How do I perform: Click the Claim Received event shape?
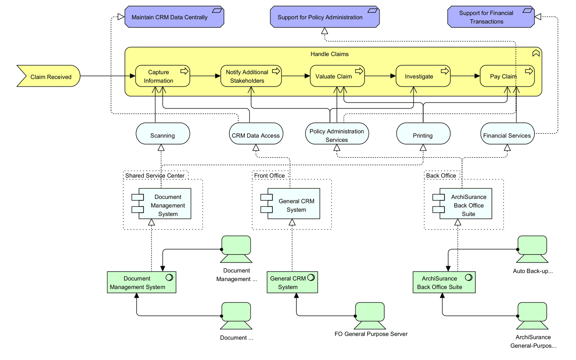click(49, 76)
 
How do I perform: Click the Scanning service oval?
click(163, 134)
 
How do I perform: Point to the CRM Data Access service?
click(256, 134)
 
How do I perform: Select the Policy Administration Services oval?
click(337, 134)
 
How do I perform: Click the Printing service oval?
click(423, 134)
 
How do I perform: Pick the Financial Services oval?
click(507, 134)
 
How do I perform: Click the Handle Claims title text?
click(329, 54)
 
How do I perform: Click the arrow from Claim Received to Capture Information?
click(107, 76)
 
